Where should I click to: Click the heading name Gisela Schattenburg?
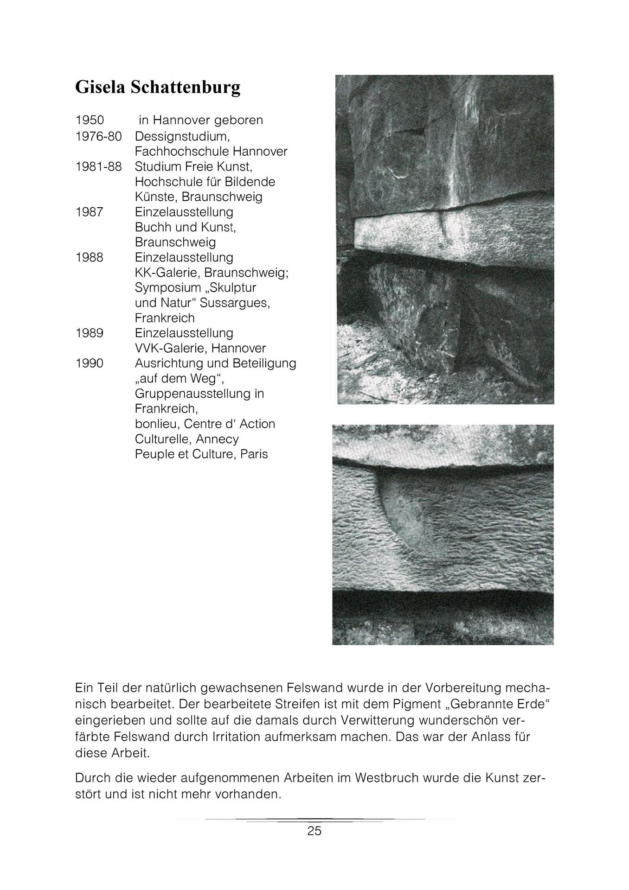point(158,87)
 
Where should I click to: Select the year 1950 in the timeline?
point(90,120)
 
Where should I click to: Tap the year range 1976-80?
point(98,136)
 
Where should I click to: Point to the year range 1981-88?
point(98,166)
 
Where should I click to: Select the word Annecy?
point(217,439)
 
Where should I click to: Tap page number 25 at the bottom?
point(314,831)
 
